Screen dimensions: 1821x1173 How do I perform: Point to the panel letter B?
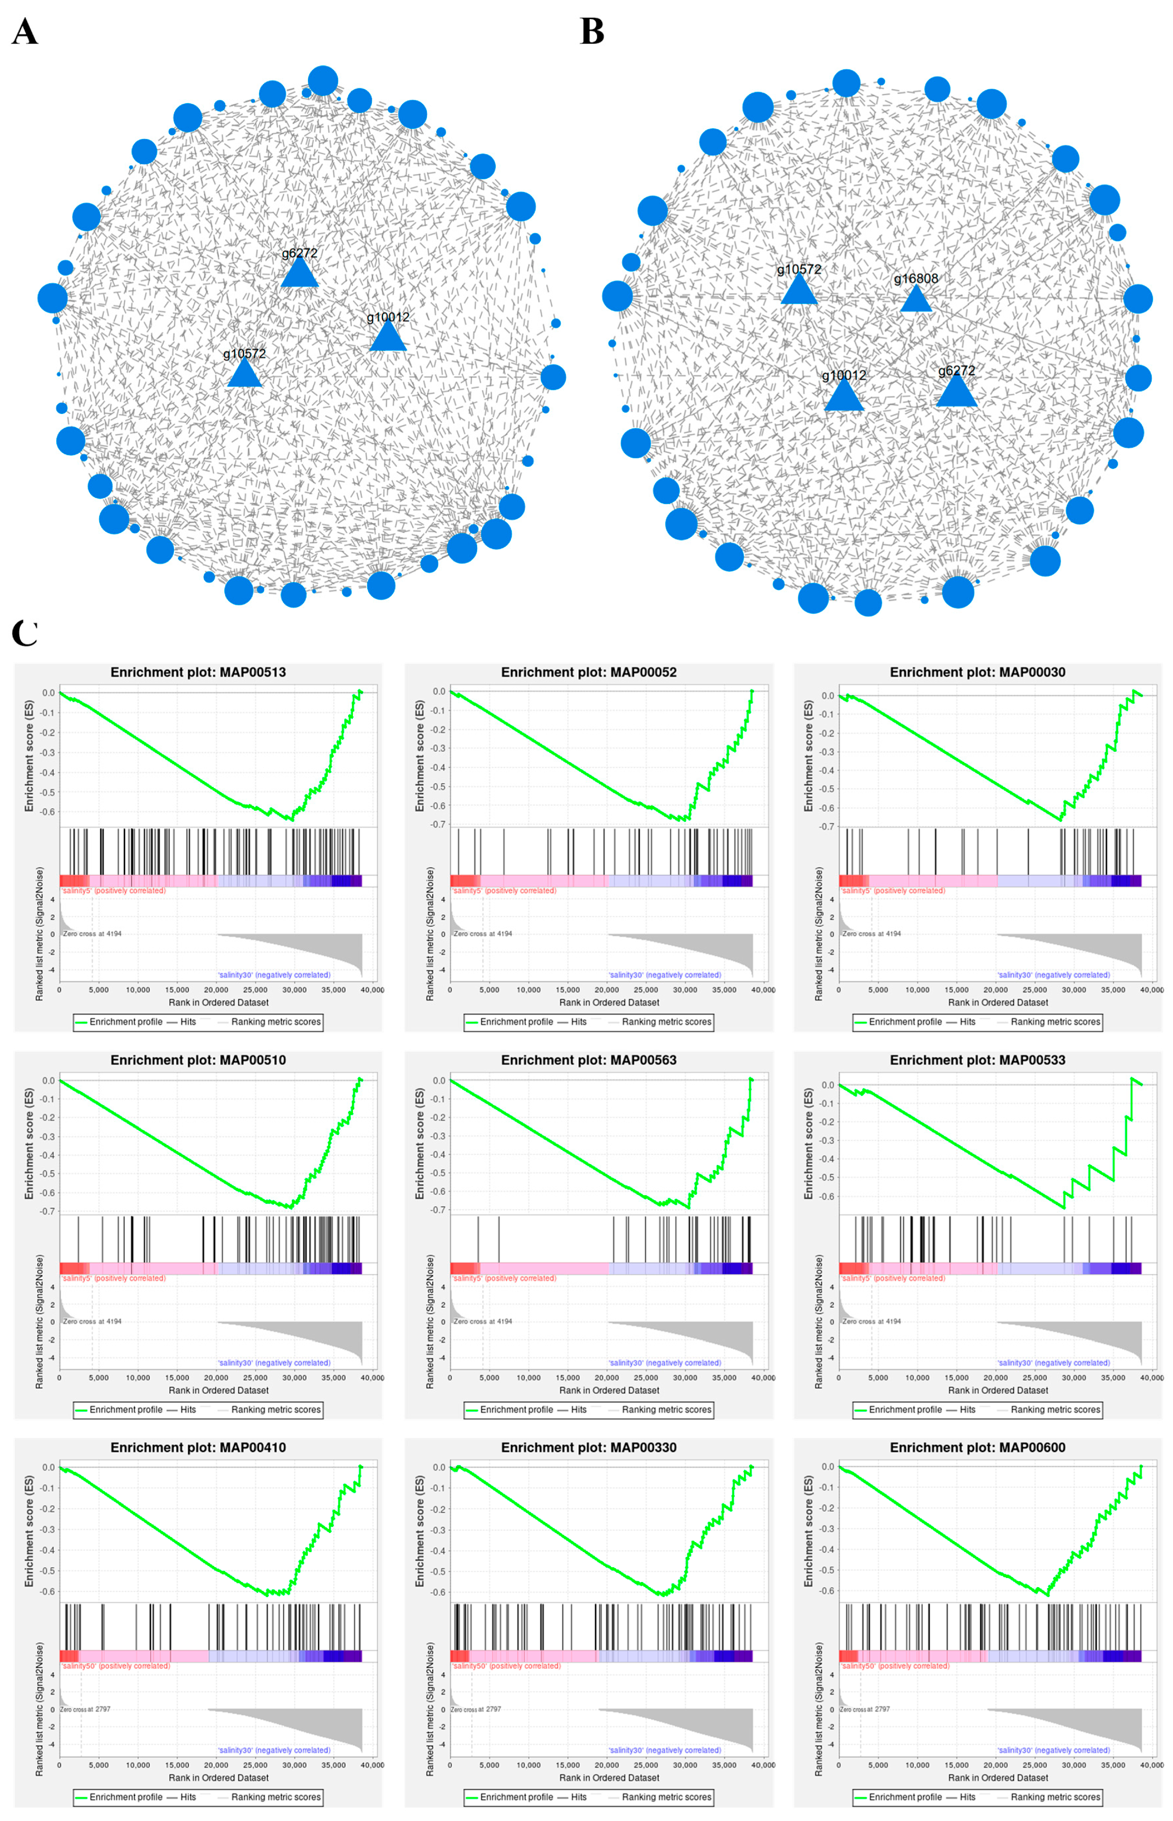coord(592,32)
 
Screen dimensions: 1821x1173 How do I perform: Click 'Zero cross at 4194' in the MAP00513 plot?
coord(92,934)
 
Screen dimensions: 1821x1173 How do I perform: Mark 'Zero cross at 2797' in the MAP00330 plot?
coord(475,1709)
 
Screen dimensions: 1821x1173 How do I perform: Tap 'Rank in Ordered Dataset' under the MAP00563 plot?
coord(609,1390)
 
